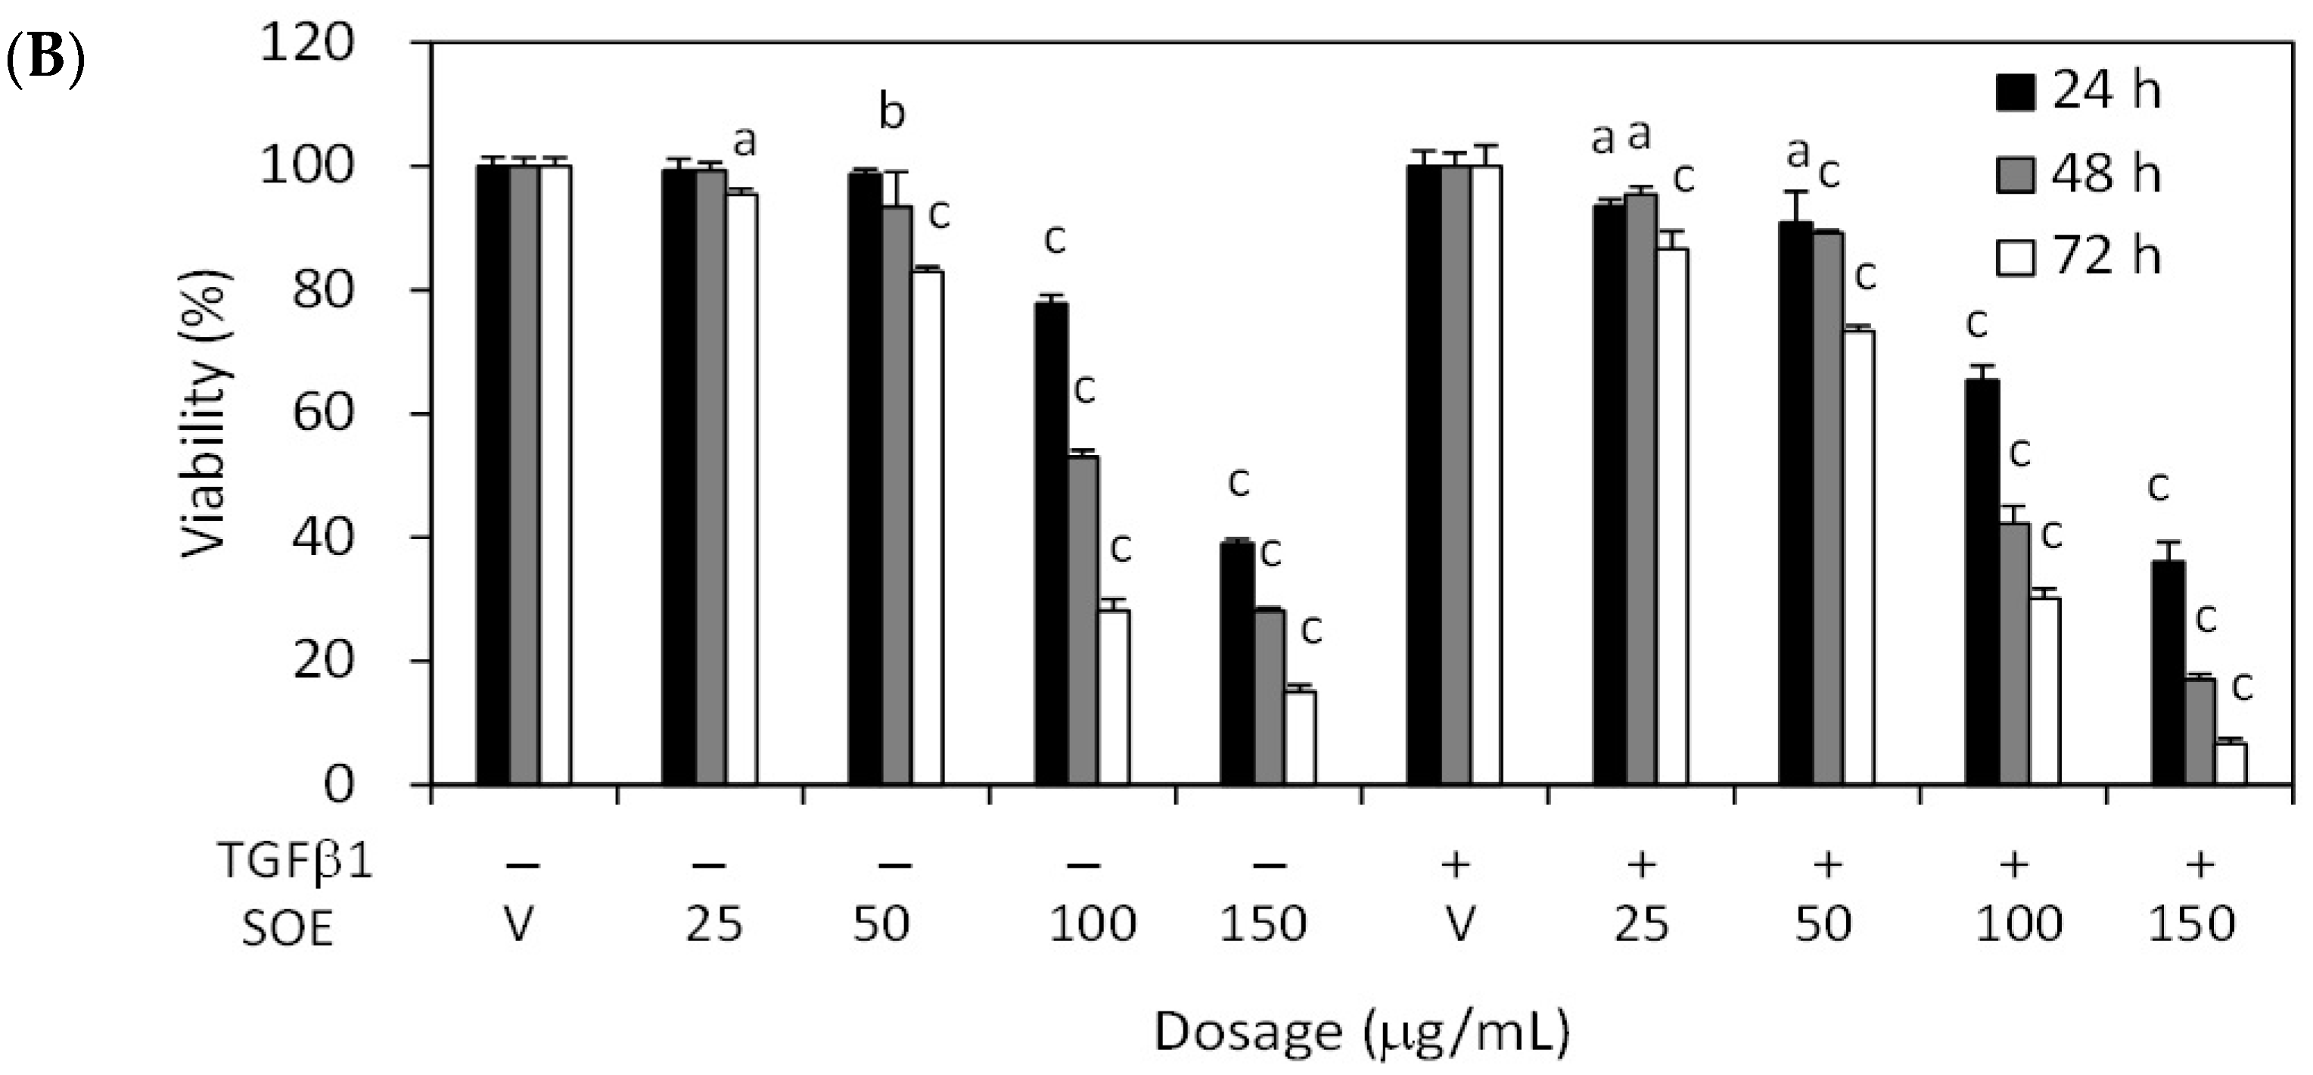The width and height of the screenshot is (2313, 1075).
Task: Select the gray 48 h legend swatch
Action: click(x=2015, y=173)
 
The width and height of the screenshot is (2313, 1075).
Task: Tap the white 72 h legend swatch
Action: click(x=2015, y=257)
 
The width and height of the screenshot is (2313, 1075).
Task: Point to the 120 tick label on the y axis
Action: click(x=305, y=42)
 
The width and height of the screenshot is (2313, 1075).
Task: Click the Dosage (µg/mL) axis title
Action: click(x=1361, y=1033)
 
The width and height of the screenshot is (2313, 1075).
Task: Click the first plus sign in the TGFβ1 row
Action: click(x=1456, y=864)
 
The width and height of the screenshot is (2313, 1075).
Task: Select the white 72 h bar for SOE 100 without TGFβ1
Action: click(x=1115, y=698)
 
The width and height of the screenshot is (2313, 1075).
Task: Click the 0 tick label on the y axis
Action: click(x=337, y=786)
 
